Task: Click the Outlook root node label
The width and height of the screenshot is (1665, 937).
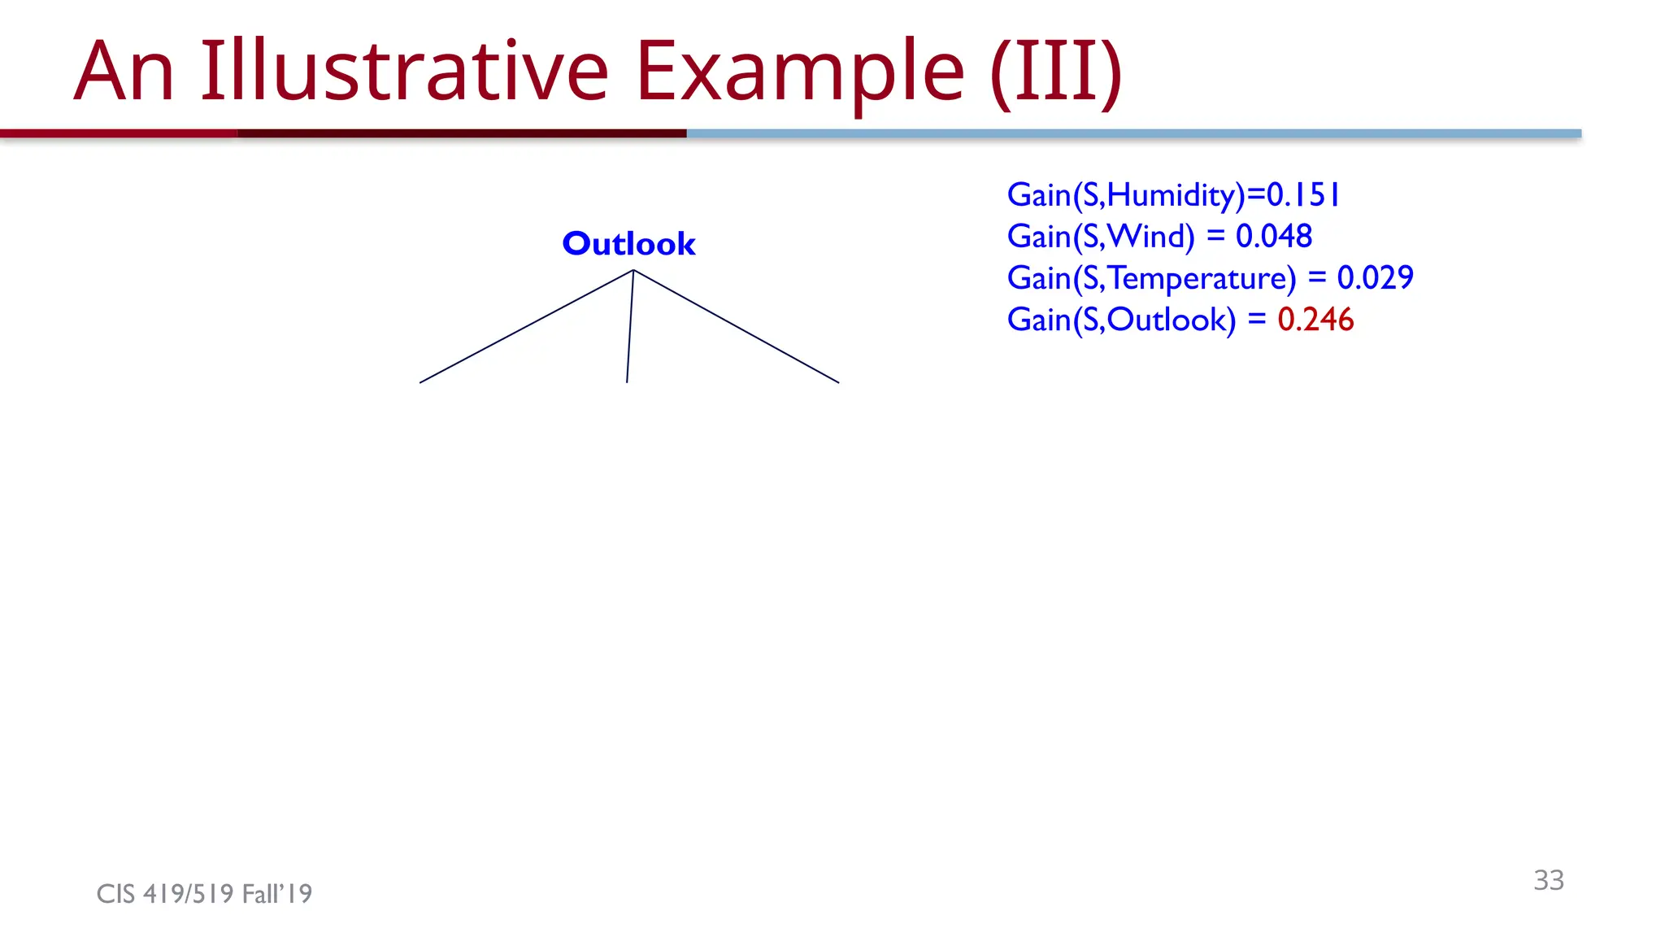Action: click(x=628, y=244)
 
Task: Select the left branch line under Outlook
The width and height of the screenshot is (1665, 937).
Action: click(x=526, y=326)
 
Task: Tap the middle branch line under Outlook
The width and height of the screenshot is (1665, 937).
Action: click(x=630, y=326)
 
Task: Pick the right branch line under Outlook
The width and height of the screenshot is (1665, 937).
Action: click(x=736, y=326)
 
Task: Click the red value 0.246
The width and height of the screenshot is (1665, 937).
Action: click(x=1315, y=320)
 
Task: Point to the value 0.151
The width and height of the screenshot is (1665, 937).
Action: click(x=1302, y=195)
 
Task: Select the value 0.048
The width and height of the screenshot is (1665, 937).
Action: click(x=1273, y=237)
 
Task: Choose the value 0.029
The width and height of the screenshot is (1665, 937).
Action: click(x=1375, y=278)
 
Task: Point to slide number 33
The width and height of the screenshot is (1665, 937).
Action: click(x=1548, y=880)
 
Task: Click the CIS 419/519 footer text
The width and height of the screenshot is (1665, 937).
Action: click(x=204, y=894)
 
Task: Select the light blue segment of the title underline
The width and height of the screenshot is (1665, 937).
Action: click(x=1133, y=133)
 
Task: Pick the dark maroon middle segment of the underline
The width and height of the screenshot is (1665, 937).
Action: click(x=462, y=133)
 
